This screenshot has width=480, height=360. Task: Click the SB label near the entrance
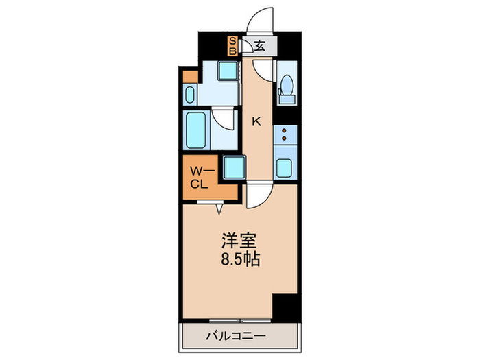232,46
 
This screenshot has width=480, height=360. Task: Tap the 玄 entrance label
261,47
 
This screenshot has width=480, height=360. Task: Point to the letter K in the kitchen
256,122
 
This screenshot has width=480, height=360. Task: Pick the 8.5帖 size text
239,261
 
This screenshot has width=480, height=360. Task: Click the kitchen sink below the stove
285,167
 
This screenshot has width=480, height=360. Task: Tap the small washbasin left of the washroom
191,94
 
